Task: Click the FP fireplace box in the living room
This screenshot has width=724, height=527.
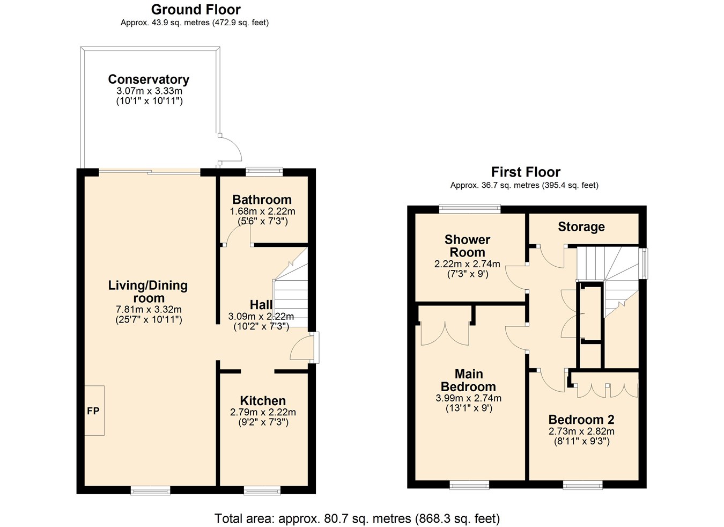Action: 94,411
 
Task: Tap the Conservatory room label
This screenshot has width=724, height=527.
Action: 149,79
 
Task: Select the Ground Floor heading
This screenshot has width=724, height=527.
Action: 196,10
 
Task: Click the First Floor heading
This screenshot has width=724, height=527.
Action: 526,172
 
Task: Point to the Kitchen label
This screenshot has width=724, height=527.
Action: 263,401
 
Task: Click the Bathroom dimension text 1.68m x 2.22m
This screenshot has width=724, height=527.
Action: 262,211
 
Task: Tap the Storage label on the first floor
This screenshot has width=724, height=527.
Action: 581,227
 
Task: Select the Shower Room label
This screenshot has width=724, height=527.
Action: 467,246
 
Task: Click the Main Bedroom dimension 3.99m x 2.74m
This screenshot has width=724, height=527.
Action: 469,398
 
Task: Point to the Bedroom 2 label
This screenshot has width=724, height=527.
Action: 581,420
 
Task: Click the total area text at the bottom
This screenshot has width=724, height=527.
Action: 357,519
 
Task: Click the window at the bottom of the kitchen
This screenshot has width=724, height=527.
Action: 262,490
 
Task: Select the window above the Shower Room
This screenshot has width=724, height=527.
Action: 470,209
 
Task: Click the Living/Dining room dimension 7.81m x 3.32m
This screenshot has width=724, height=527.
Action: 149,310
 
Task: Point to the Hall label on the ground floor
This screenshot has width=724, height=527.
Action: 261,305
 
